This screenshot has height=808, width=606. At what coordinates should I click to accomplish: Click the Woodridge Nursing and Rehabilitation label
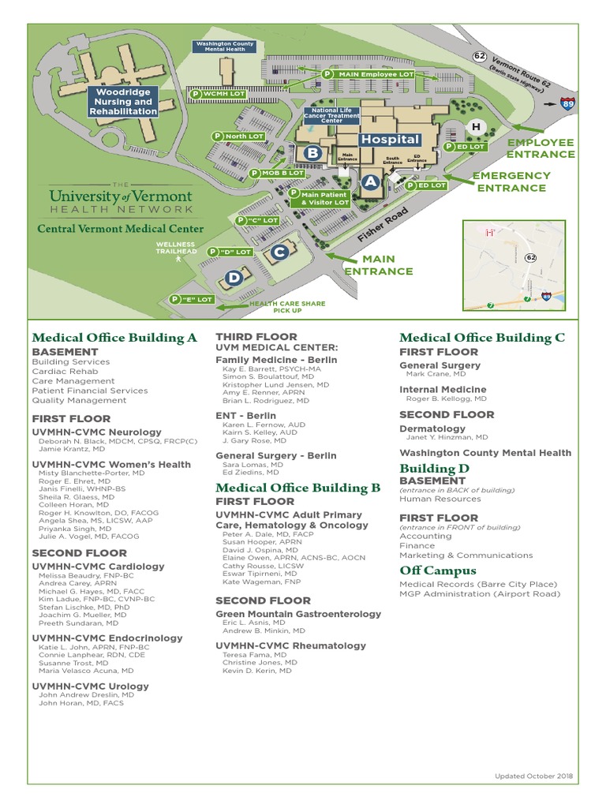pos(124,102)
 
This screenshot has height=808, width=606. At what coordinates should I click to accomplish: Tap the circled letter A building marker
pos(371,181)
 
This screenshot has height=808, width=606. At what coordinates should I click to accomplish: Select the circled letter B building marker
pos(312,152)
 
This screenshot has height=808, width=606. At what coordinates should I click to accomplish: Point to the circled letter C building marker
pos(279,252)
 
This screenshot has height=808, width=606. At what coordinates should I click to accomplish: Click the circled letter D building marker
pos(234,277)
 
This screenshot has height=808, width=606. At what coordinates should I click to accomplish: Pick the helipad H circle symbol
pos(476,127)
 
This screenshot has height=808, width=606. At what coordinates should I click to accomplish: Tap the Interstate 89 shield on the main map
pos(567,103)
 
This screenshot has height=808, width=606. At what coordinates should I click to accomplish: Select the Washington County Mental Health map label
pos(225,47)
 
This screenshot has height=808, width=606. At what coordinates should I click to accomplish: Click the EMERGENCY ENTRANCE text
pos(511,181)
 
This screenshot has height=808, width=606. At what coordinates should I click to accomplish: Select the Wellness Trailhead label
pos(174,249)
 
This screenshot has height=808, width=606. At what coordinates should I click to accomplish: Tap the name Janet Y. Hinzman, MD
pos(447,437)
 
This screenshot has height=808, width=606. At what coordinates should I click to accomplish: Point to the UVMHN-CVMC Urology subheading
pos(90,686)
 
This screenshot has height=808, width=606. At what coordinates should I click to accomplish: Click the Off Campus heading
pos(438,570)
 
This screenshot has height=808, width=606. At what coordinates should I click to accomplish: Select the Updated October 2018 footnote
pos(533,776)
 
